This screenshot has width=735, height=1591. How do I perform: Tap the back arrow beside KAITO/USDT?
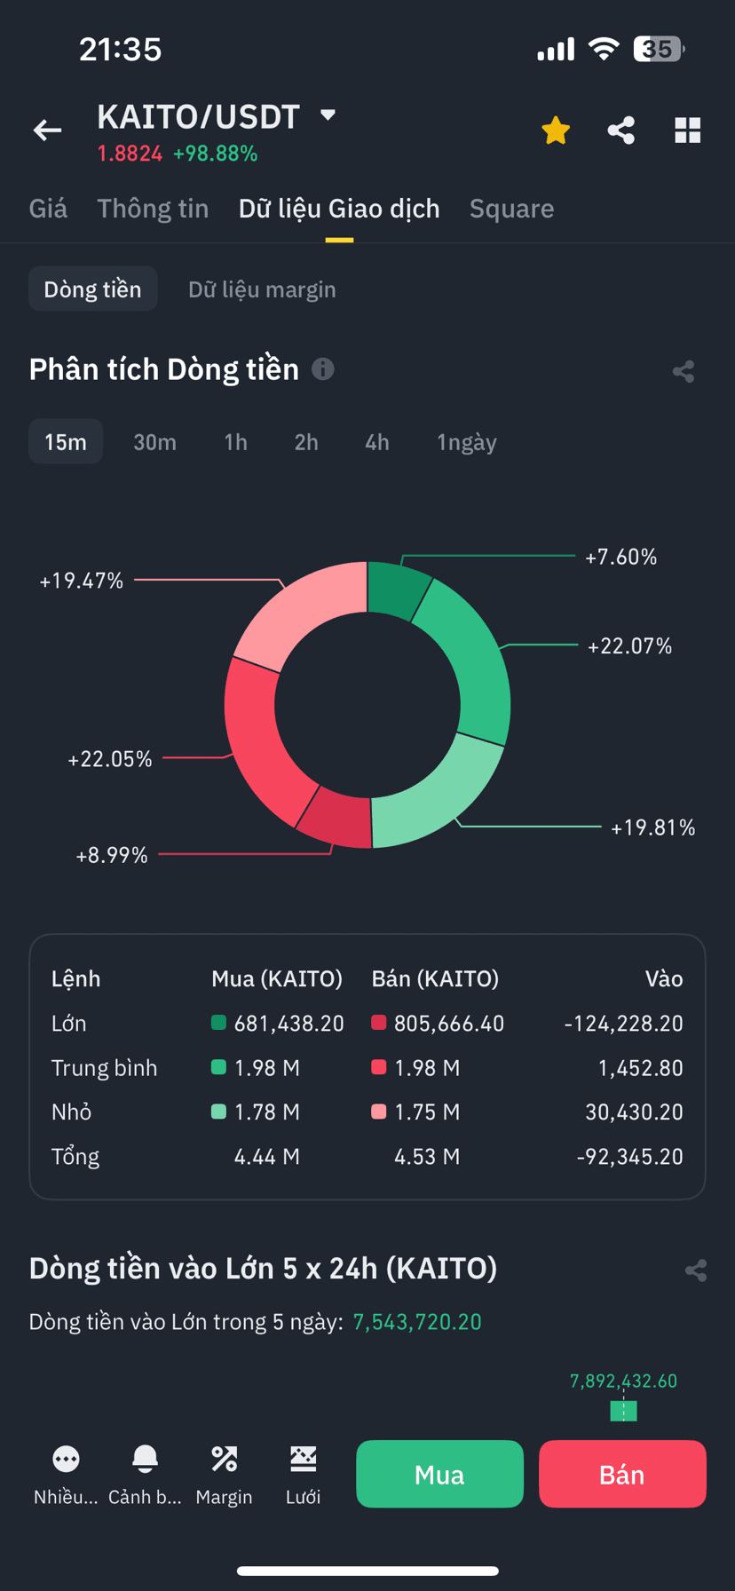tap(48, 131)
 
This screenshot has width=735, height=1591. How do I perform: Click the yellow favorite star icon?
tap(556, 131)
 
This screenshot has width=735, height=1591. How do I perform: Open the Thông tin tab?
tap(153, 209)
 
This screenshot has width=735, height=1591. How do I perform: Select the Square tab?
tap(511, 209)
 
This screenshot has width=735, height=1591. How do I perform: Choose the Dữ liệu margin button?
tap(262, 289)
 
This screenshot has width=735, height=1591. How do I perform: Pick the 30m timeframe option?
tap(154, 442)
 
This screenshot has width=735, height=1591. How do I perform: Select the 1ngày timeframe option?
tap(467, 442)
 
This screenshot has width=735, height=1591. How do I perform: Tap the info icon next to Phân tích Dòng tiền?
tap(323, 368)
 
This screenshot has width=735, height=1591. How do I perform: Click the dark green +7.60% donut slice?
tap(397, 589)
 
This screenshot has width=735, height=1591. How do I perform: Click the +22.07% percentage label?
tap(629, 645)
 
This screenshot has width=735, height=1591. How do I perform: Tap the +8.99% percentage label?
tap(112, 855)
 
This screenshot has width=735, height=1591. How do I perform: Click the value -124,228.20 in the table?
tap(623, 1024)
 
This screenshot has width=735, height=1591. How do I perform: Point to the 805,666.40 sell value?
tap(449, 1024)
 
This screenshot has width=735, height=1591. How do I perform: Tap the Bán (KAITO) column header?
tap(435, 978)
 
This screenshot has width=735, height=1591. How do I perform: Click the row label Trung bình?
tap(104, 1068)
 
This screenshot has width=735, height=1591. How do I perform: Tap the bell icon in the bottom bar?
tap(145, 1459)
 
